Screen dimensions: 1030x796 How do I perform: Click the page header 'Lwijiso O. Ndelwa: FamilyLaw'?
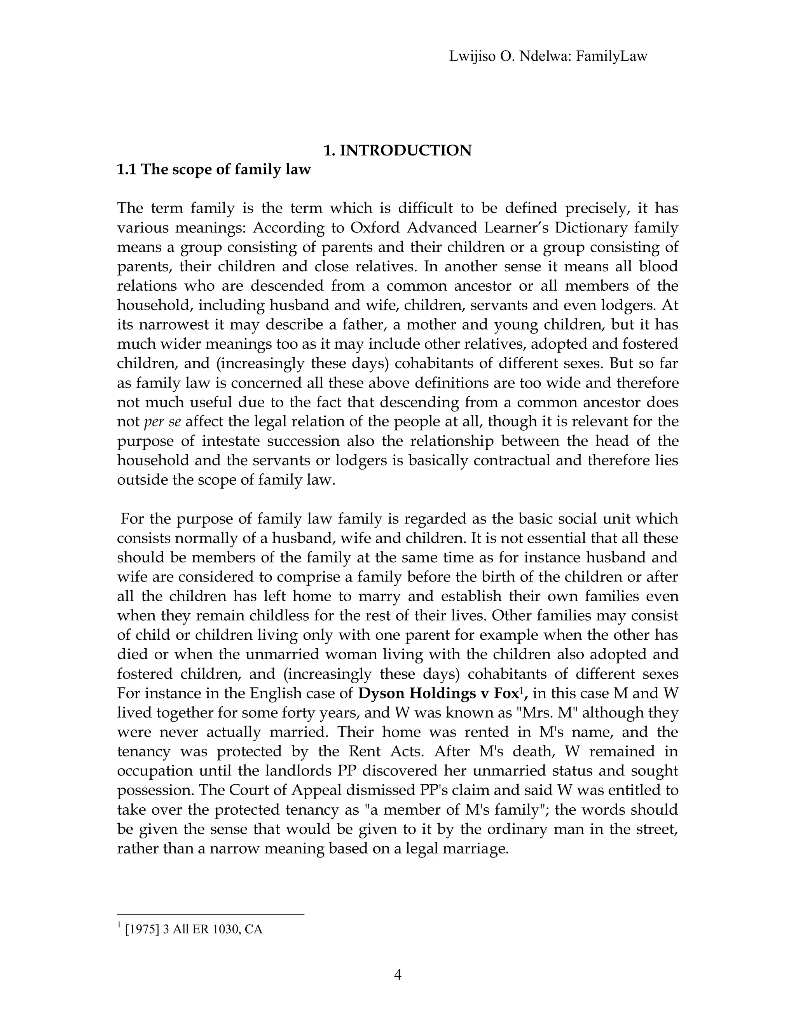pyautogui.click(x=548, y=57)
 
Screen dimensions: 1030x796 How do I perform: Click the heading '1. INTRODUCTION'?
pyautogui.click(x=398, y=150)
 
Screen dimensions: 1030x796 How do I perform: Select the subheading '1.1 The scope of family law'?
pyautogui.click(x=214, y=169)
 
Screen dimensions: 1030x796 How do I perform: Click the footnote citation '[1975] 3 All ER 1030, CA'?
pyautogui.click(x=193, y=930)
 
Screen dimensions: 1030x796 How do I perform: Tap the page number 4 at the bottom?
pyautogui.click(x=398, y=975)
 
